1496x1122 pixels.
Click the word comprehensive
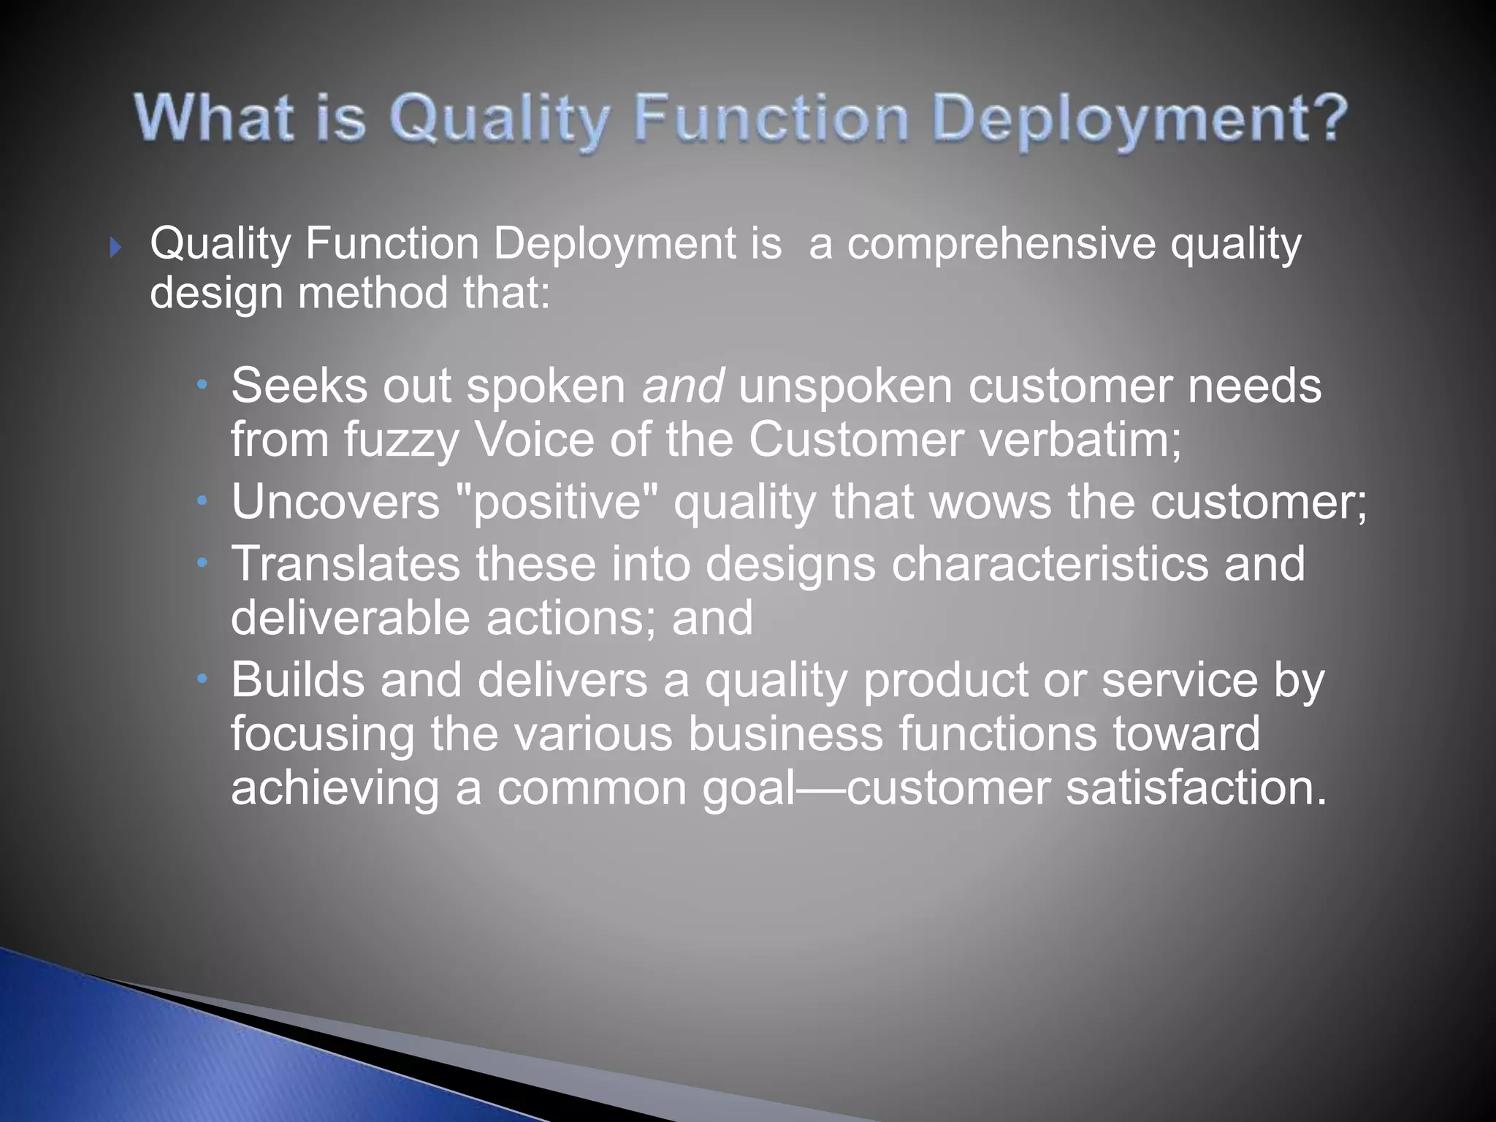point(1001,243)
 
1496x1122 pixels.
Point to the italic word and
point(682,386)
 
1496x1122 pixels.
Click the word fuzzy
point(400,440)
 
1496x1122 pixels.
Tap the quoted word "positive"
point(556,502)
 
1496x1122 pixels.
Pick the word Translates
point(346,564)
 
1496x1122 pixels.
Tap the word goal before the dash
point(748,789)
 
